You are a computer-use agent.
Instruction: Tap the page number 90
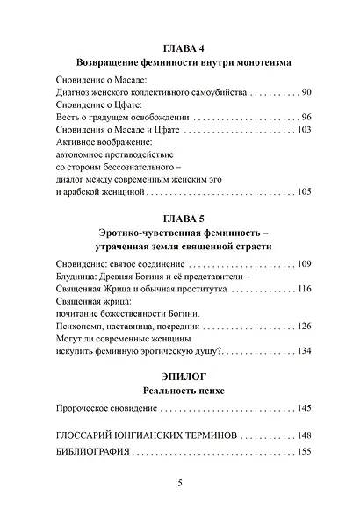(x=306, y=91)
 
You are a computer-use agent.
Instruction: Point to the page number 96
(x=306, y=117)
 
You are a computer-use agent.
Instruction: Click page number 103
(x=304, y=130)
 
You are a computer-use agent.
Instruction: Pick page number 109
(x=304, y=263)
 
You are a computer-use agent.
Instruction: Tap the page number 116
(x=304, y=289)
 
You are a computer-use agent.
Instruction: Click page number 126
(x=304, y=327)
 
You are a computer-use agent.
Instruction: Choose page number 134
(x=304, y=351)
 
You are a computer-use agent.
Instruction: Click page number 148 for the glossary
(x=304, y=435)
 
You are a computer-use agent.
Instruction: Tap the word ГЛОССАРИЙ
(x=83, y=435)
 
